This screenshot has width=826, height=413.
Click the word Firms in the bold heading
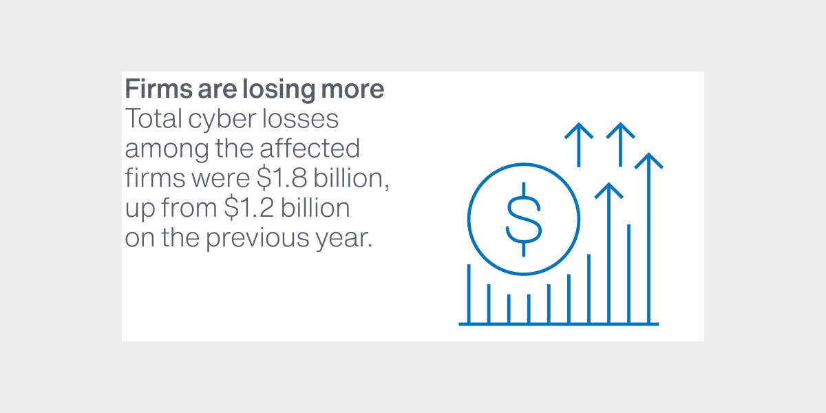tap(158, 89)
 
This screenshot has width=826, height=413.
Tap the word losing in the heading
tap(278, 89)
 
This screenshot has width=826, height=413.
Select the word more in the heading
tap(352, 89)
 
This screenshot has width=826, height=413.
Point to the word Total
tap(153, 118)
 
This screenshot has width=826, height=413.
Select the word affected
tap(310, 148)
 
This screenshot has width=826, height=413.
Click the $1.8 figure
tap(282, 178)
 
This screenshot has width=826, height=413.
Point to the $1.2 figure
tap(249, 208)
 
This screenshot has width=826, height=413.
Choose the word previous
tap(257, 239)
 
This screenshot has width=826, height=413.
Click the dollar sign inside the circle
tap(524, 220)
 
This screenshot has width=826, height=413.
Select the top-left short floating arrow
tap(579, 145)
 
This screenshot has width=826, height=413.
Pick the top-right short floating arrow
tap(620, 145)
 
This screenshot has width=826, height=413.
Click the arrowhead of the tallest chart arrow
tap(648, 161)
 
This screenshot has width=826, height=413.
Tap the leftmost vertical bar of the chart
tap(469, 294)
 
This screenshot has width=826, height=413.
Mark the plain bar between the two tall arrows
tap(628, 274)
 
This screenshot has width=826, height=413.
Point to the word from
tap(189, 208)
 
